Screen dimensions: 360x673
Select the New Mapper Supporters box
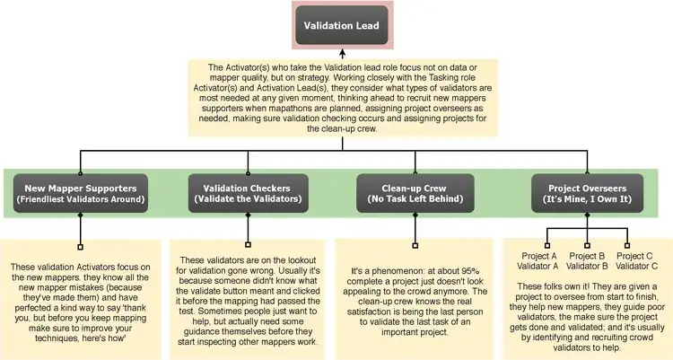pyautogui.click(x=81, y=193)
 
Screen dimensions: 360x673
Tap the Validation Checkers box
pyautogui.click(x=248, y=193)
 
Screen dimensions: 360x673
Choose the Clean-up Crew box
pyautogui.click(x=415, y=193)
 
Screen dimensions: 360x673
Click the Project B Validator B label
pyautogui.click(x=587, y=260)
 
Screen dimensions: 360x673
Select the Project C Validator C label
pyautogui.click(x=635, y=260)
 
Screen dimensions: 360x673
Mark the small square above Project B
pyautogui.click(x=587, y=244)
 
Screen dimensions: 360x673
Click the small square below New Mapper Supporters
pyautogui.click(x=81, y=244)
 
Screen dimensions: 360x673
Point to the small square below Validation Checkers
pyautogui.click(x=248, y=244)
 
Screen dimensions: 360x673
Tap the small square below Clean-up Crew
pyautogui.click(x=415, y=244)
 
